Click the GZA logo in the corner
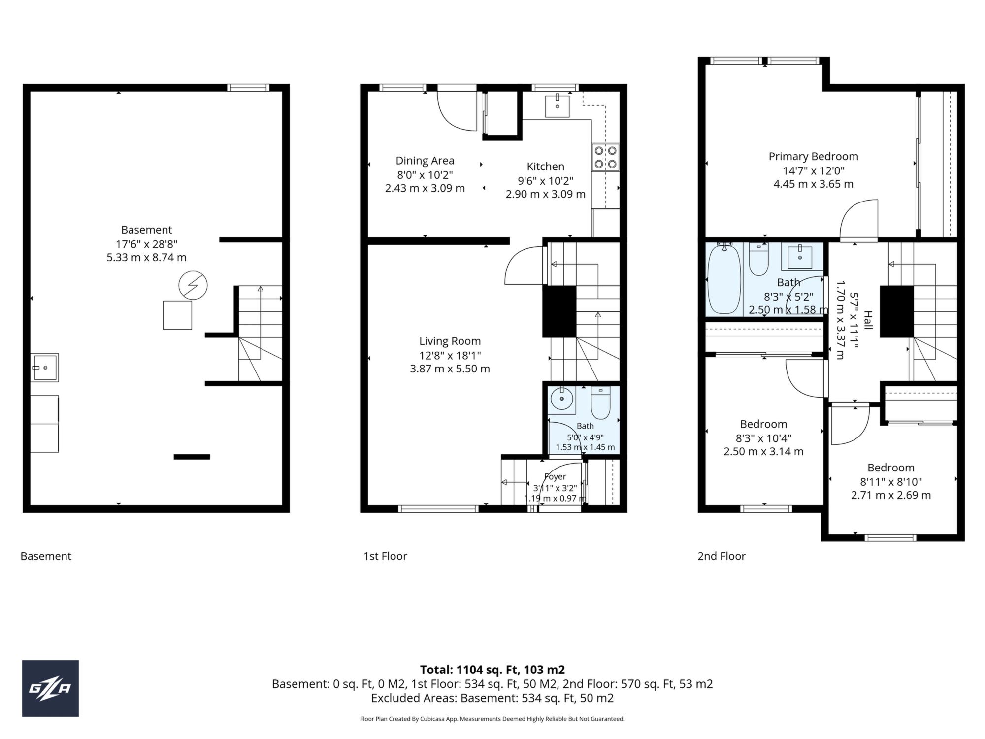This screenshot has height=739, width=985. tap(50, 688)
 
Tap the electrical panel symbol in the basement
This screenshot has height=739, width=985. tap(193, 285)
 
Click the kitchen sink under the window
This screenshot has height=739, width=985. tap(558, 106)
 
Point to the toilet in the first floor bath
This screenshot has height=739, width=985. tap(600, 403)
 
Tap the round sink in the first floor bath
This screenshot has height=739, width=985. tap(562, 399)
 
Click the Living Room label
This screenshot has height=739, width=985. tap(450, 341)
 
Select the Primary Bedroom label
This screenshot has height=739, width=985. tap(814, 156)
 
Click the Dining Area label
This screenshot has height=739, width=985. tap(425, 161)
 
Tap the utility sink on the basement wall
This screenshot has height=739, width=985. tap(45, 368)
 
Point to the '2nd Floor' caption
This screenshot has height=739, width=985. tap(722, 556)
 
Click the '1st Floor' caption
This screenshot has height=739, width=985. tap(385, 556)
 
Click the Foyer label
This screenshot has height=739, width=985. tap(555, 477)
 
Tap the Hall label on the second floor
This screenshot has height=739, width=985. tap(868, 320)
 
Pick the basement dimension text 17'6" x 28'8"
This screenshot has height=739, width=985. tap(147, 244)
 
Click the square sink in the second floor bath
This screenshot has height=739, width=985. tap(799, 257)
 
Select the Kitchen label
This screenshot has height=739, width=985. tap(546, 167)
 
